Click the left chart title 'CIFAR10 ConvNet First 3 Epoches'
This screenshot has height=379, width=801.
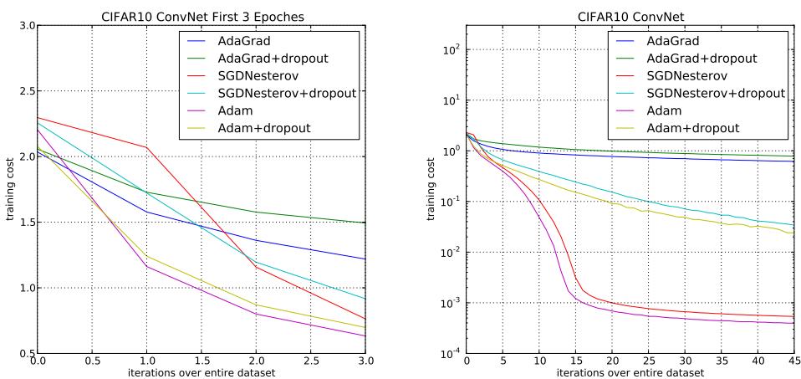click(201, 11)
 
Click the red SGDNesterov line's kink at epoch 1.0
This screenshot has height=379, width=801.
click(147, 148)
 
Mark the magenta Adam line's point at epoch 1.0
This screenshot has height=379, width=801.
click(147, 267)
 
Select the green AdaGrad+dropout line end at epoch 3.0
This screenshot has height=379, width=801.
click(365, 223)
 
